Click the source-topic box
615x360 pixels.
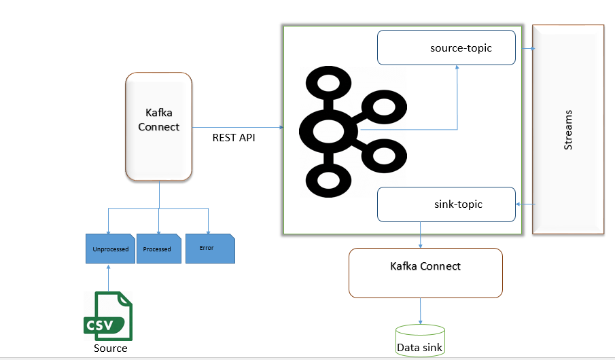446,48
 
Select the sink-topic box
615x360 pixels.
446,204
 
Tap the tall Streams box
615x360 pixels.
568,129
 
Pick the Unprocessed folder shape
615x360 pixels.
110,249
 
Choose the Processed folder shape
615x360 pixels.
158,249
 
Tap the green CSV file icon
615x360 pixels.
109,316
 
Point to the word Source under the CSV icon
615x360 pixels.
110,348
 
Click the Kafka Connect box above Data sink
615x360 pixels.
425,272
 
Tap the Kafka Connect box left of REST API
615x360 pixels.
159,127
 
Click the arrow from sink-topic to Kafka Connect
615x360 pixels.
421,235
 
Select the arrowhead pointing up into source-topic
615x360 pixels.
457,69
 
